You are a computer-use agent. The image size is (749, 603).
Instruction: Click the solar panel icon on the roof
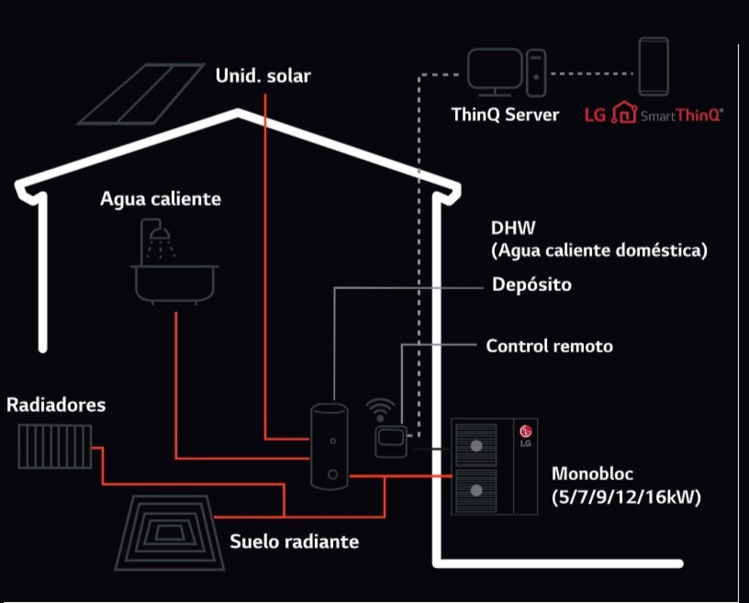tap(140, 94)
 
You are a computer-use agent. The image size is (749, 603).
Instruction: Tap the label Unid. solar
tap(263, 76)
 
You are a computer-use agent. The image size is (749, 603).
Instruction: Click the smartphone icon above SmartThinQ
tap(654, 66)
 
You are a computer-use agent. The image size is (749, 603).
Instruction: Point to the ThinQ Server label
tap(505, 115)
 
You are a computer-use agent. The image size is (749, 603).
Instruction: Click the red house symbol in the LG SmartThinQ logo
tap(624, 113)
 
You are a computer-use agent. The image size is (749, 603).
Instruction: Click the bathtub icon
tap(175, 283)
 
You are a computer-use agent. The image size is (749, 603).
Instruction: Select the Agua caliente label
tap(161, 199)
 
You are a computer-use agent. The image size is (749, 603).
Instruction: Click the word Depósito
tap(532, 285)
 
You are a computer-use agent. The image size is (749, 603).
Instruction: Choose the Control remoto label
tap(549, 346)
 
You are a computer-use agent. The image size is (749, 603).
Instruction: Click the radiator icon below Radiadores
tap(55, 446)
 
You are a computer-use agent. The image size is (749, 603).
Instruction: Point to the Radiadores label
tap(56, 405)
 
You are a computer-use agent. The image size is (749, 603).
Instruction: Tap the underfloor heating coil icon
tap(169, 533)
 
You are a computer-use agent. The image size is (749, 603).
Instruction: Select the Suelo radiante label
tap(294, 542)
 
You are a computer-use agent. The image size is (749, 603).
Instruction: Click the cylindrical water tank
tap(329, 447)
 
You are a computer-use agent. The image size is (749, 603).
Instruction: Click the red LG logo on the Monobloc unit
tap(526, 432)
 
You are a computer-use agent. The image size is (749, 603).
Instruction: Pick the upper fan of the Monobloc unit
tap(476, 446)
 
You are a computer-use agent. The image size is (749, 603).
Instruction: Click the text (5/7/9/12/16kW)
tap(626, 497)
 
